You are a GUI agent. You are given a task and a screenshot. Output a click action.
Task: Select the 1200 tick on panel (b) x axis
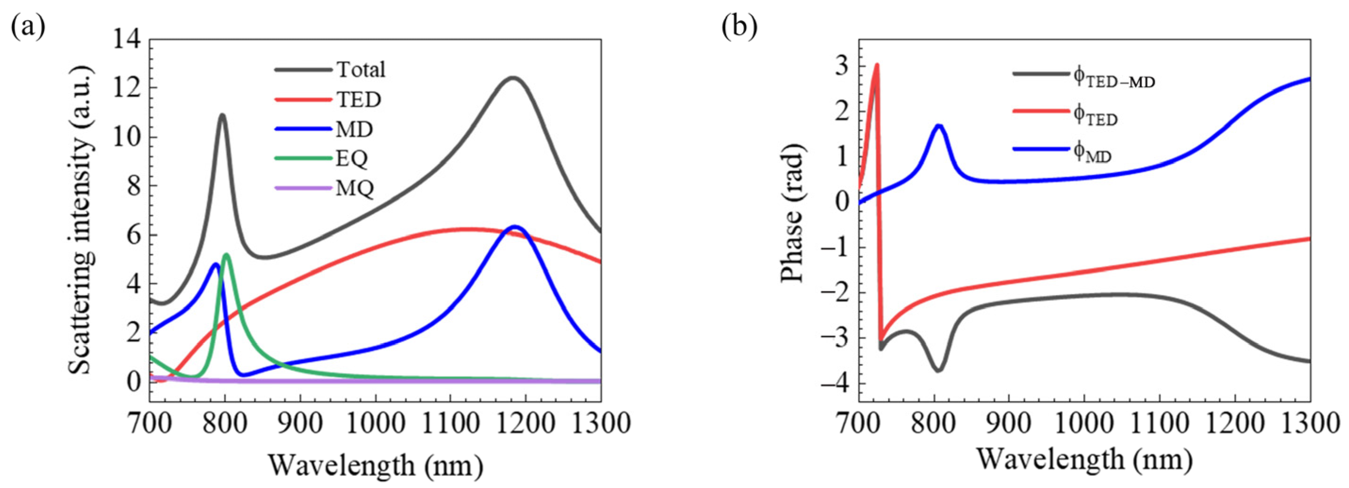point(1235,423)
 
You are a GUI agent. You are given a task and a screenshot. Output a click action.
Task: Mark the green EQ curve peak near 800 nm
point(226,255)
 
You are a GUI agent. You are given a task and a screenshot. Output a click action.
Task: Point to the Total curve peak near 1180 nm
point(513,78)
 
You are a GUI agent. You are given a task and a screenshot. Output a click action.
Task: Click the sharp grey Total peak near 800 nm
point(222,115)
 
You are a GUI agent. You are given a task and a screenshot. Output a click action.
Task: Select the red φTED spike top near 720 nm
point(877,66)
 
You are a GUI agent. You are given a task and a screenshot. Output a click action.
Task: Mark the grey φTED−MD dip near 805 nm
point(939,370)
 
